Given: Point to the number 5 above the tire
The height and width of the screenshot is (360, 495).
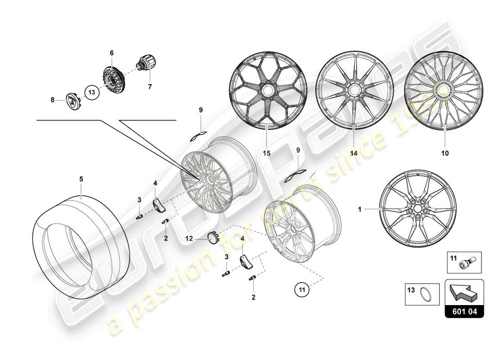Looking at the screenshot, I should [x=81, y=179].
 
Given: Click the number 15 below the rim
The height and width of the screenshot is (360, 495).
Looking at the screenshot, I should [x=266, y=153].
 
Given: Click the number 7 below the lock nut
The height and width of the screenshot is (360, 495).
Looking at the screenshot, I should [x=150, y=85].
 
